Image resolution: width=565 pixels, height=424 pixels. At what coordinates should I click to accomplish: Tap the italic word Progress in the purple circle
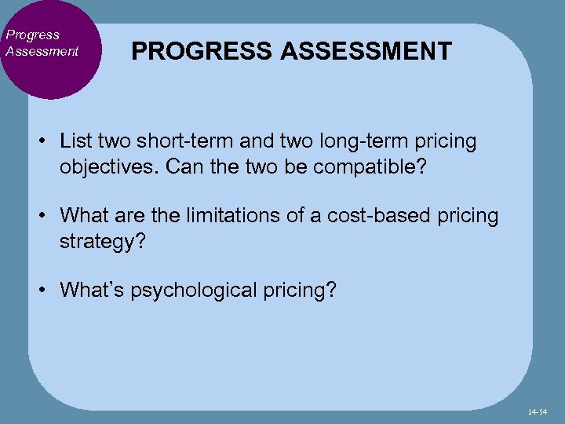coord(32,35)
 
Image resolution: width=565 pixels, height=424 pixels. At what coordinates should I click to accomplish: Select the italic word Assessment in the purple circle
coord(42,51)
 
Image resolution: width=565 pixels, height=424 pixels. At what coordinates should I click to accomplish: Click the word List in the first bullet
coord(75,141)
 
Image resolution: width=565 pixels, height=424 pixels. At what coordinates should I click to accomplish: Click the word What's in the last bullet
coord(91,290)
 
